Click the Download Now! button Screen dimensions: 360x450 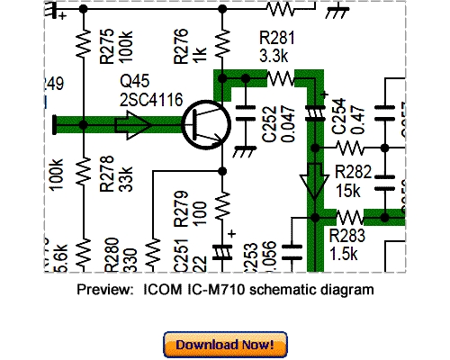225,344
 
